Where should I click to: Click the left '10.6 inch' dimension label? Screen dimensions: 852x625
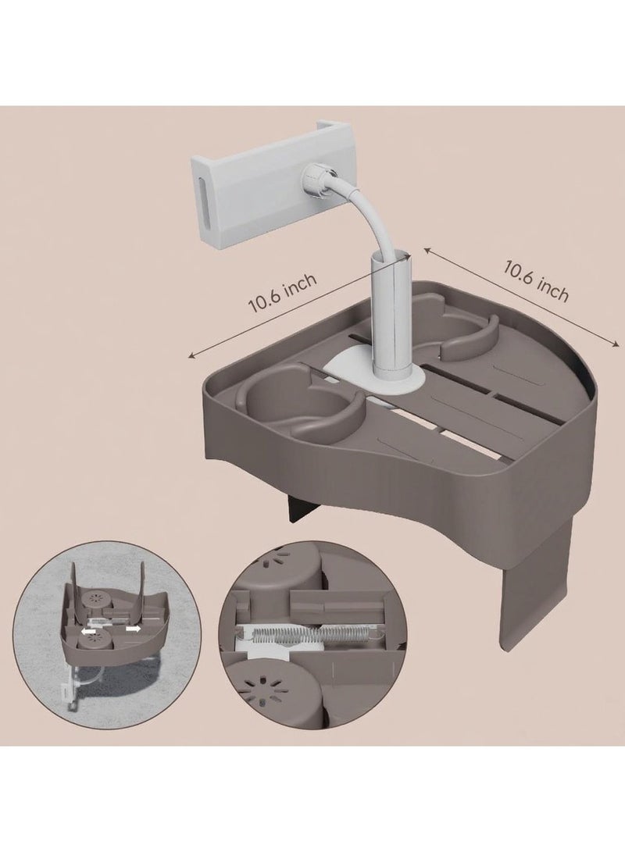pyautogui.click(x=282, y=295)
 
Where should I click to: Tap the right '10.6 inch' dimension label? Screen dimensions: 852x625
pyautogui.click(x=537, y=281)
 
